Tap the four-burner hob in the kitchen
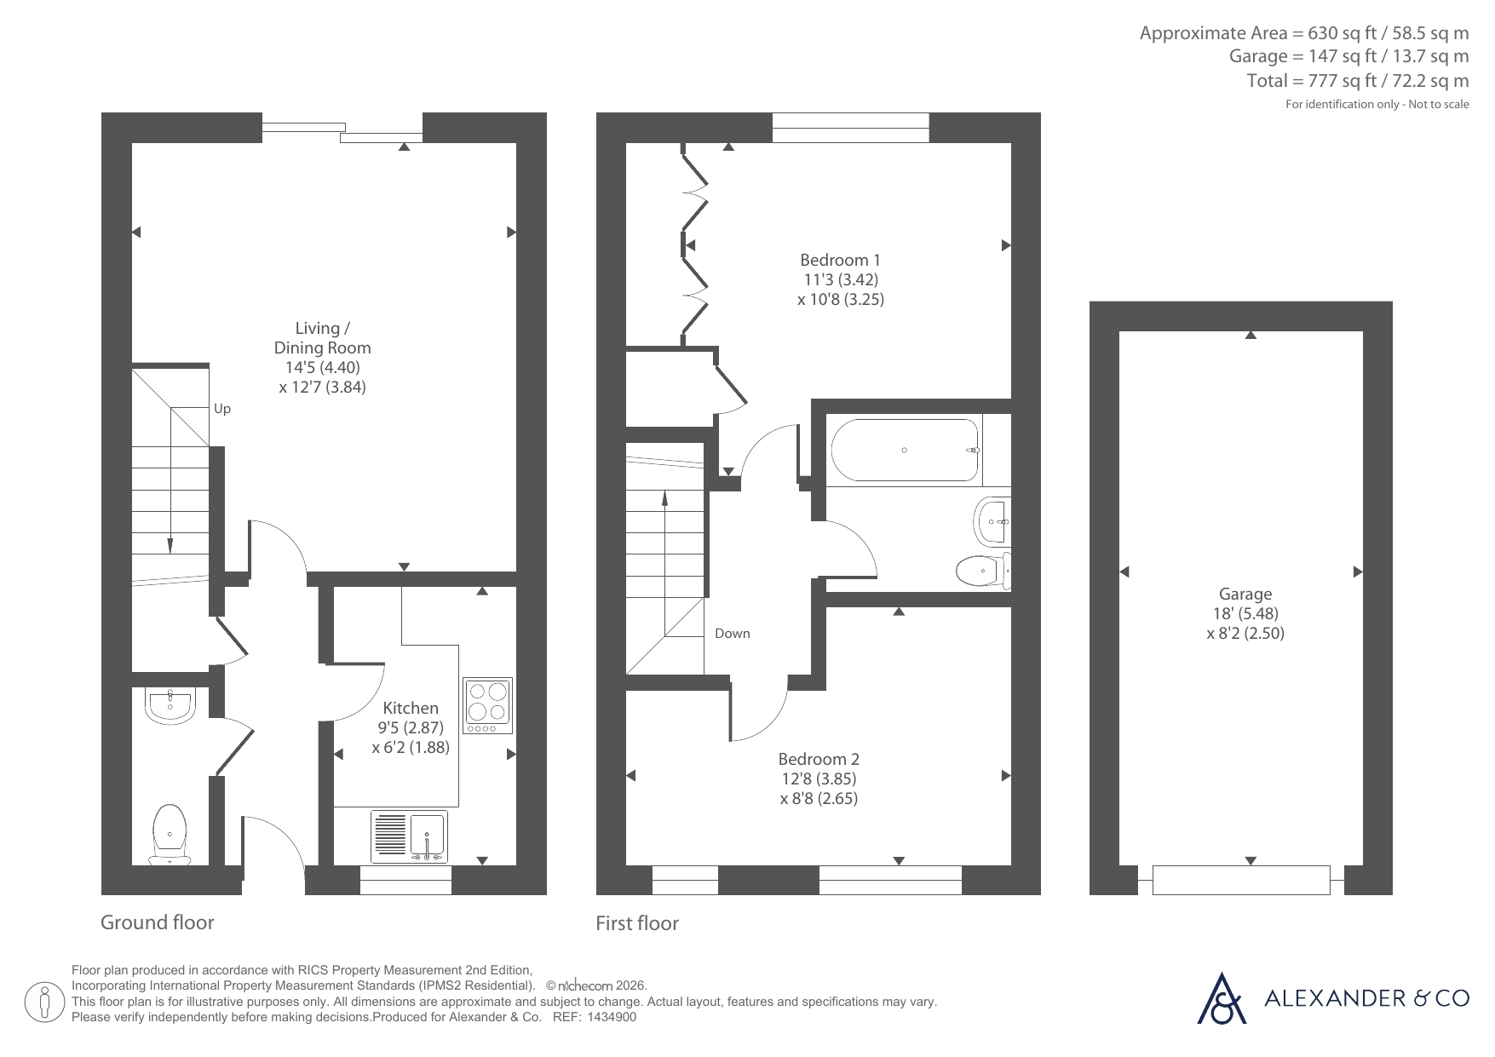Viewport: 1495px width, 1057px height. click(x=488, y=705)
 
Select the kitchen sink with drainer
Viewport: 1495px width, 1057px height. click(x=409, y=836)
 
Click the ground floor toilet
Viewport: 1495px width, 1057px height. click(x=170, y=833)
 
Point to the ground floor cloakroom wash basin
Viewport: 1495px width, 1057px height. click(x=171, y=706)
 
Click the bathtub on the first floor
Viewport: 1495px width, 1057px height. click(x=905, y=450)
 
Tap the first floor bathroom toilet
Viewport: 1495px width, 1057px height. click(x=984, y=571)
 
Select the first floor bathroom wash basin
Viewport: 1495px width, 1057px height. click(x=992, y=520)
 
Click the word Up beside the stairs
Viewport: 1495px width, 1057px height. click(x=222, y=409)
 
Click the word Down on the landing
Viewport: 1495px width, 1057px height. click(x=733, y=633)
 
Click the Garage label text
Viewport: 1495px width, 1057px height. click(x=1245, y=595)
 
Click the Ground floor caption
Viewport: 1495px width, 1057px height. click(x=158, y=922)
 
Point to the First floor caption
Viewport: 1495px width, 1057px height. click(x=637, y=923)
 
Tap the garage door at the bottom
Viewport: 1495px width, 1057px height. click(x=1241, y=880)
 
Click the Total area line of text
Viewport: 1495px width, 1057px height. click(x=1358, y=81)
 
